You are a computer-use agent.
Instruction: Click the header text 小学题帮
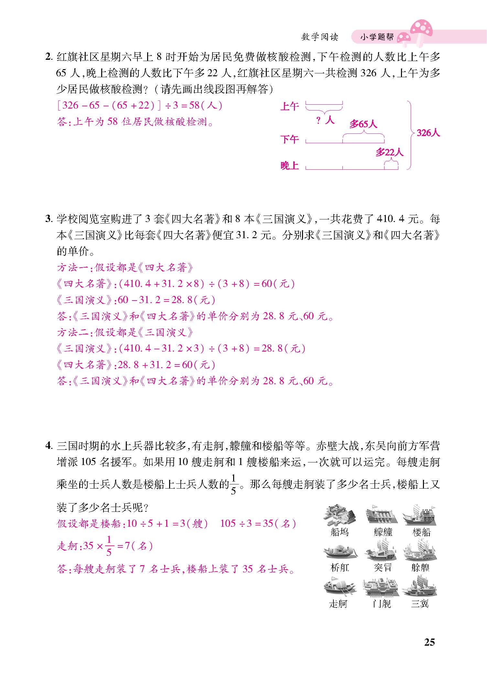click(377, 37)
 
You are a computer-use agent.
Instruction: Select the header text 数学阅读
click(319, 37)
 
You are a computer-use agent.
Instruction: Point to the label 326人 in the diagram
click(428, 133)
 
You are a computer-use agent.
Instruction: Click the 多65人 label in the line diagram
click(363, 124)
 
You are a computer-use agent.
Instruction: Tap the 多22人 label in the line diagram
click(389, 152)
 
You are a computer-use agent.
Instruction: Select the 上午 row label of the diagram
click(289, 106)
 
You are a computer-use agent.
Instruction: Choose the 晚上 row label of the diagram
click(289, 166)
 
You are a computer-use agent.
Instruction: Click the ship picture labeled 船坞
click(339, 514)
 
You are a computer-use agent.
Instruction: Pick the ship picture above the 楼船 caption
click(419, 514)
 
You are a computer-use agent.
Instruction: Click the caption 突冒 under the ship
click(383, 567)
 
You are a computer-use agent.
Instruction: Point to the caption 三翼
click(419, 603)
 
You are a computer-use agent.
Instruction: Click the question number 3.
click(49, 219)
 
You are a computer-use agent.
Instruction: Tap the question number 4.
click(49, 446)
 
